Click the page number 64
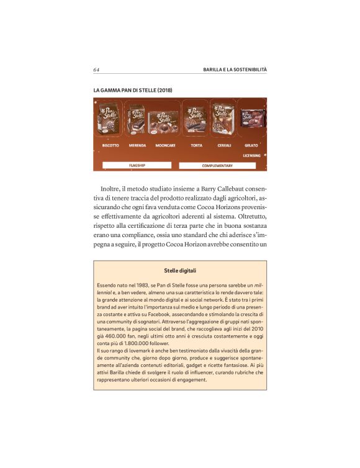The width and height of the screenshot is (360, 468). pos(96,68)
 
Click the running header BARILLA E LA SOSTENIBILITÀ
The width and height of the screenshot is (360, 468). pos(226,68)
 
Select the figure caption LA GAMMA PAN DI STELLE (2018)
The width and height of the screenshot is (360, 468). pos(132,91)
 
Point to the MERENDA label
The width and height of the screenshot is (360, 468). pos(137,145)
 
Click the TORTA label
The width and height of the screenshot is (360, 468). pos(196,145)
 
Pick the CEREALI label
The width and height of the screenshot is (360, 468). pos(224,145)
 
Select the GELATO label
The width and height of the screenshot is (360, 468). pos(251,145)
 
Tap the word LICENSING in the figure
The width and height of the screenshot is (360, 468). pos(251,155)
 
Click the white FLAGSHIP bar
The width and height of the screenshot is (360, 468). pos(137,166)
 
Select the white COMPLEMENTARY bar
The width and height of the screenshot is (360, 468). pos(217,166)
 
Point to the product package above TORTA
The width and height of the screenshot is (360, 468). pos(196,120)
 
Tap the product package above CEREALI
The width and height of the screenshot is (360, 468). pos(223,118)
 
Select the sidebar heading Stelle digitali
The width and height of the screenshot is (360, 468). pos(180,271)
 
